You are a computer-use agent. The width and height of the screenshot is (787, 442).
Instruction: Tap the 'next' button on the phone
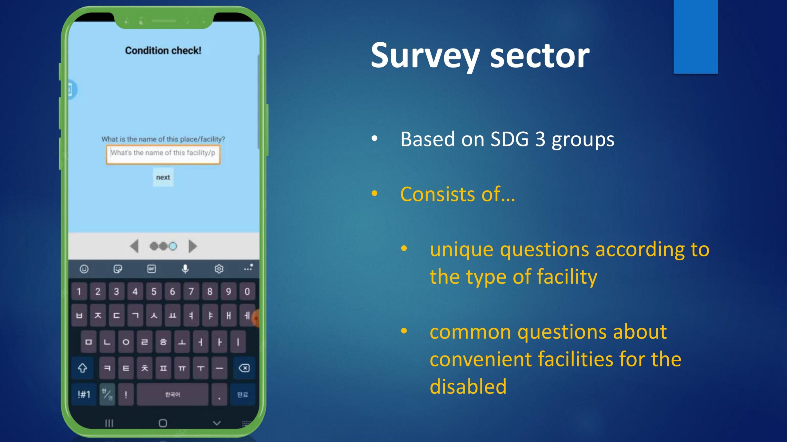pyautogui.click(x=163, y=177)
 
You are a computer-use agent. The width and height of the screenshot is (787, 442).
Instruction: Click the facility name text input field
pyautogui.click(x=163, y=154)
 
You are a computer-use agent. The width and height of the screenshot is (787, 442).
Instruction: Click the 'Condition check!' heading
pyautogui.click(x=163, y=50)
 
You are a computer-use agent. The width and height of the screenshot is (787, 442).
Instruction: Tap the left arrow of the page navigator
pyautogui.click(x=134, y=246)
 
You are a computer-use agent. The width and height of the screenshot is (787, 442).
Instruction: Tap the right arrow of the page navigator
pyautogui.click(x=192, y=246)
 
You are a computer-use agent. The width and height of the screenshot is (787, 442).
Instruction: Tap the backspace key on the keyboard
pyautogui.click(x=244, y=368)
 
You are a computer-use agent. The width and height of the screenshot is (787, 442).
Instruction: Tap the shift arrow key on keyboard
pyautogui.click(x=82, y=368)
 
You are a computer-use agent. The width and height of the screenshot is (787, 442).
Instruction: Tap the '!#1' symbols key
pyautogui.click(x=84, y=394)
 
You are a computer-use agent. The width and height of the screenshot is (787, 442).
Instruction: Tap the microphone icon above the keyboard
pyautogui.click(x=185, y=269)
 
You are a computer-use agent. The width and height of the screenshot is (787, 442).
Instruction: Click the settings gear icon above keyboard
pyautogui.click(x=219, y=269)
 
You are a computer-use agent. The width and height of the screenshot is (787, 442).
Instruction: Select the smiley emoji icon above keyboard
pyautogui.click(x=84, y=269)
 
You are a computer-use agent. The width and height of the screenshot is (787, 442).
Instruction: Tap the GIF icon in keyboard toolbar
pyautogui.click(x=152, y=269)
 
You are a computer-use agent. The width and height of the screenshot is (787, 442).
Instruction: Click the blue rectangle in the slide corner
pyautogui.click(x=696, y=37)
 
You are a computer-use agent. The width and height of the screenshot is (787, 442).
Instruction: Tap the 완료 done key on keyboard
pyautogui.click(x=243, y=394)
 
